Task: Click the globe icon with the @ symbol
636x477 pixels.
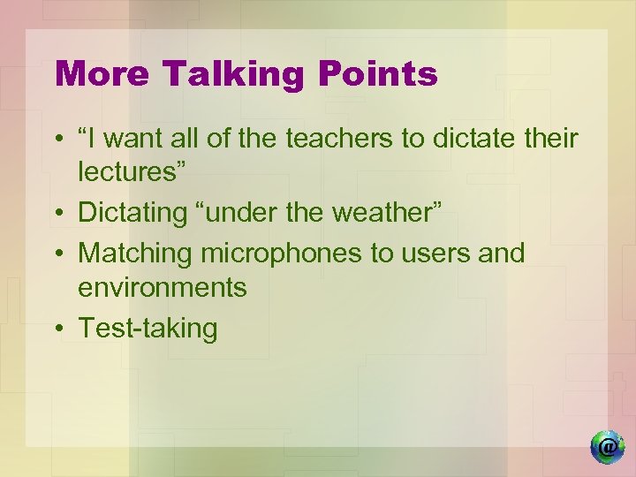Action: pos(606,448)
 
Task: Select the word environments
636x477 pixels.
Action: pos(163,287)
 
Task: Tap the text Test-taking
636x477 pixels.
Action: pos(148,329)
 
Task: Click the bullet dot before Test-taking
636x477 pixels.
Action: pos(57,329)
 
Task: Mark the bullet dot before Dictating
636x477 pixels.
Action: pos(57,213)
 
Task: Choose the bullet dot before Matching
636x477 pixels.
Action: pos(57,254)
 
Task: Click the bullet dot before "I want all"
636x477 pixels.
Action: pos(57,140)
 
